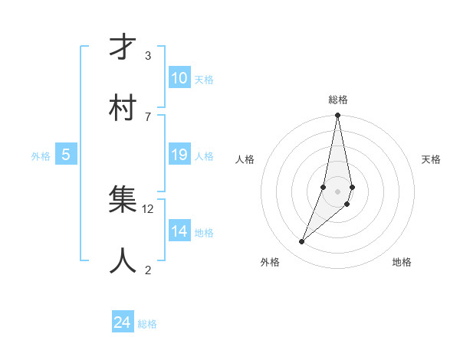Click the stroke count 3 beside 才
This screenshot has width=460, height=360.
pyautogui.click(x=148, y=56)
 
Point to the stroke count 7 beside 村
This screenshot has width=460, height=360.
pyautogui.click(x=148, y=116)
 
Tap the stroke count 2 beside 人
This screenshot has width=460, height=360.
pyautogui.click(x=148, y=270)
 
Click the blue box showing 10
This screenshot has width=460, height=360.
pyautogui.click(x=179, y=78)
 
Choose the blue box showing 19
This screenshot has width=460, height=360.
pyautogui.click(x=179, y=155)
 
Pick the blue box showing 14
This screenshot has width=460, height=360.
pyautogui.click(x=179, y=231)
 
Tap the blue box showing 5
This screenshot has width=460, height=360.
pyautogui.click(x=66, y=155)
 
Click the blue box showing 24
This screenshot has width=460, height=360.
pyautogui.click(x=123, y=322)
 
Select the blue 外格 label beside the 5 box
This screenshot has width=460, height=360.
pyautogui.click(x=41, y=156)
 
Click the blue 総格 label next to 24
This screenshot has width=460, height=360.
pyautogui.click(x=147, y=324)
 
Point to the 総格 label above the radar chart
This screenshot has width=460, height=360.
pyautogui.click(x=338, y=100)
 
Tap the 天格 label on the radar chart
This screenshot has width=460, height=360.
pyautogui.click(x=432, y=159)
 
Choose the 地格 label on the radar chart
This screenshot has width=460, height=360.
pyautogui.click(x=402, y=262)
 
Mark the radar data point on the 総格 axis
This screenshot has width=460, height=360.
pyautogui.click(x=337, y=116)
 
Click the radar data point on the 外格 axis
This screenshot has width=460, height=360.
pyautogui.click(x=302, y=242)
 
